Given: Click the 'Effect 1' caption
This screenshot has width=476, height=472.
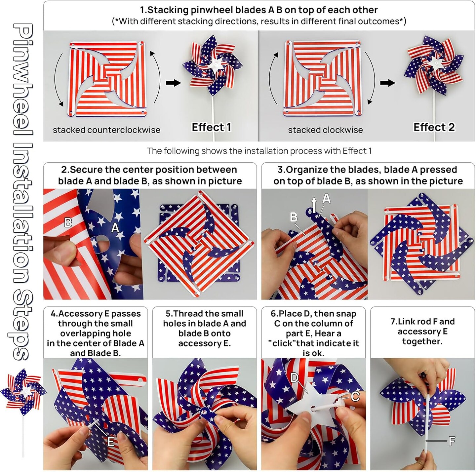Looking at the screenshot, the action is coord(211,127).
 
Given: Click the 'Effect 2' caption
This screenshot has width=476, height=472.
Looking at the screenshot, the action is coord(434,127).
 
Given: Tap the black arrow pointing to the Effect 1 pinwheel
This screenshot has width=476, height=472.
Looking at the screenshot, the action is coord(173,83).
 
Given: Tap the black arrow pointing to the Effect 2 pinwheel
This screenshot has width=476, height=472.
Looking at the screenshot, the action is coord(387,83).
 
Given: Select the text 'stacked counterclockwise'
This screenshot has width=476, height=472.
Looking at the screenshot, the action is coord(106,130).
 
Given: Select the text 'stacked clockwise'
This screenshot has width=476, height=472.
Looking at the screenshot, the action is coord(325,130).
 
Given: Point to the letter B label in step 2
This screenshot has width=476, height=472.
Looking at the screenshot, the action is coord(68,222).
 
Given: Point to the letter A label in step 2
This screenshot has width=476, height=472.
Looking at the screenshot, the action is coord(115,228).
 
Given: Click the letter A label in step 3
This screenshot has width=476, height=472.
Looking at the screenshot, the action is coord(326,198).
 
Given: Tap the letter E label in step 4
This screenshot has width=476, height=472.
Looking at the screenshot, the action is coord(110,441).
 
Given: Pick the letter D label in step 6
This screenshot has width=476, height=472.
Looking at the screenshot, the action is coord(295,377).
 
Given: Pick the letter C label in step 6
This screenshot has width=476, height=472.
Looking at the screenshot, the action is coord(355,396).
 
